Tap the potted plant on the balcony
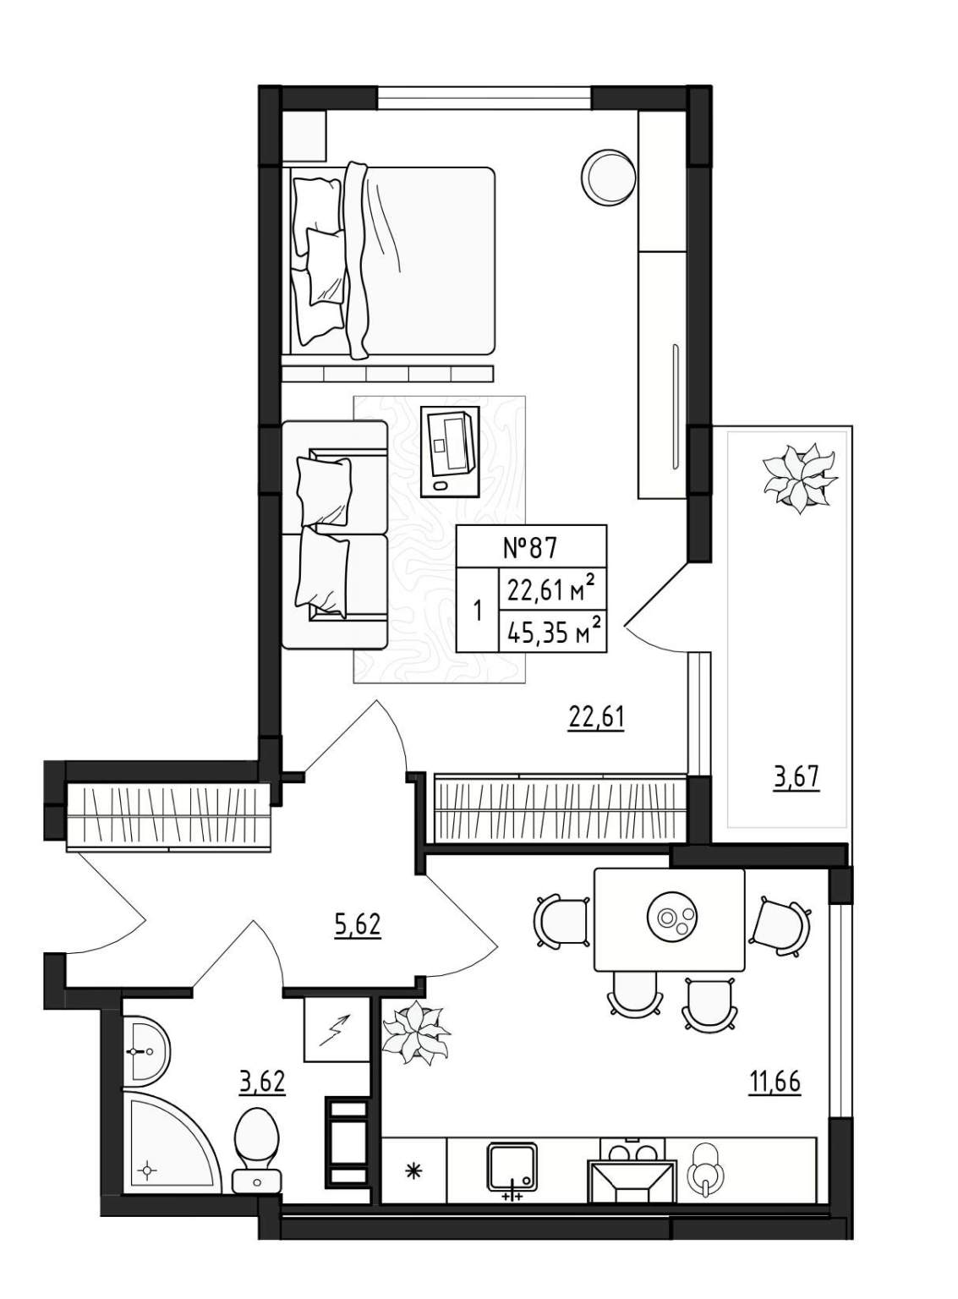click(x=799, y=477)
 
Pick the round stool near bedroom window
click(x=608, y=177)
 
